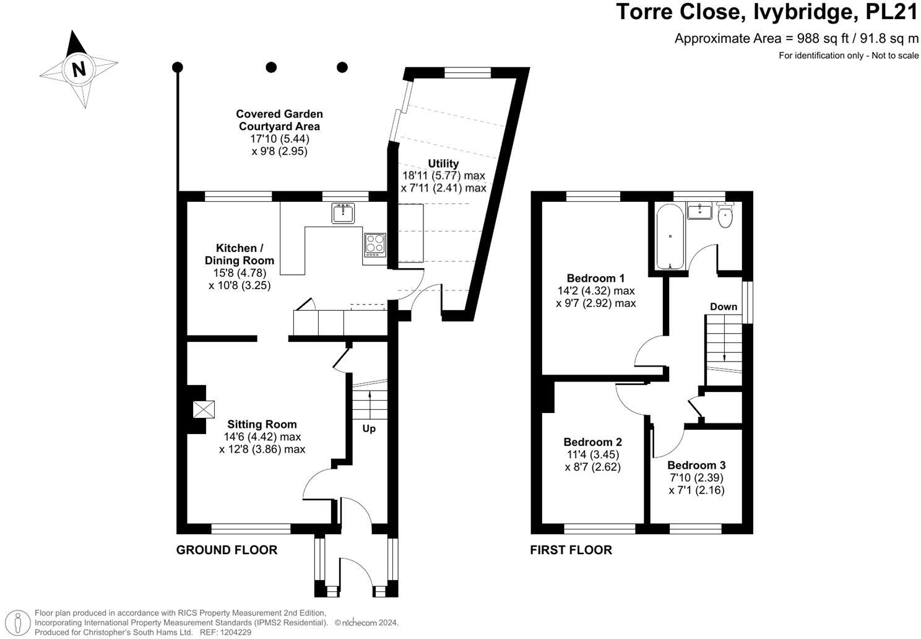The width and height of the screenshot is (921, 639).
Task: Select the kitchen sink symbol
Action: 342,213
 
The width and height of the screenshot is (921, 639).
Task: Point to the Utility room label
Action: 443,163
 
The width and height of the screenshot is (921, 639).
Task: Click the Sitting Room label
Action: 262,424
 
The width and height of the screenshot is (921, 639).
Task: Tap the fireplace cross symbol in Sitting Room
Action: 204,409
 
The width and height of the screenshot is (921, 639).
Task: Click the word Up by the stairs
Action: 368,428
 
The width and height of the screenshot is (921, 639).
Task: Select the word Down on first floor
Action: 723,306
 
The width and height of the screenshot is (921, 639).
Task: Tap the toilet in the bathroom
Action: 725,215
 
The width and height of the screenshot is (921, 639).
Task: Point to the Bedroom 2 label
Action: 592,442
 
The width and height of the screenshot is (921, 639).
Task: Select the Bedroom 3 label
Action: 696,465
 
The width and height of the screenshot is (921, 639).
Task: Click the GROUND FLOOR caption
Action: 227,550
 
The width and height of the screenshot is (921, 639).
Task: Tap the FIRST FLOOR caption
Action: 571,550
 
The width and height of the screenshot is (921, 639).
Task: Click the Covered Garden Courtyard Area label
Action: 279,120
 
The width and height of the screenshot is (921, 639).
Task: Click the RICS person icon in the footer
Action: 20,622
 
